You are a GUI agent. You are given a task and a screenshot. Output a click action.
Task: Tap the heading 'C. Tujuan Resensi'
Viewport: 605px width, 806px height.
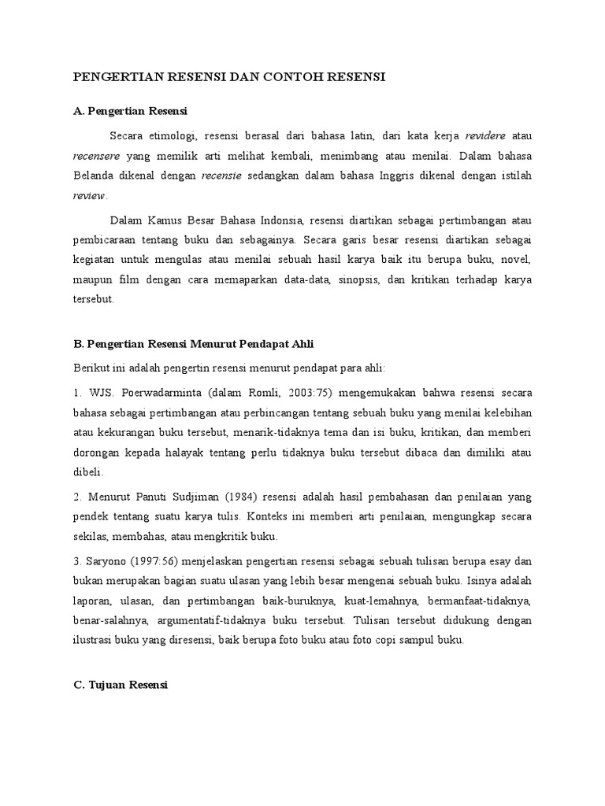tap(120, 686)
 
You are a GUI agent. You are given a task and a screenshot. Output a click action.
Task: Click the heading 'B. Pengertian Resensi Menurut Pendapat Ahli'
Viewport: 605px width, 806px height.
tap(193, 344)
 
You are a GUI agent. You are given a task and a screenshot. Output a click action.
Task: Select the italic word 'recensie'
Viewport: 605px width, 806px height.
tap(221, 176)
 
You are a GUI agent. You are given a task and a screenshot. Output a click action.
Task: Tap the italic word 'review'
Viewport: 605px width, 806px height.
tap(88, 196)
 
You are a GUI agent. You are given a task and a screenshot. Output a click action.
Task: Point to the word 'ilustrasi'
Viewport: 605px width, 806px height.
tap(95, 640)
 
